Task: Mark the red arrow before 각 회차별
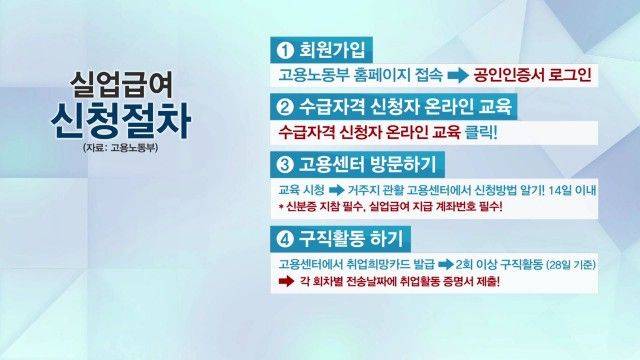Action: point(286,282)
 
